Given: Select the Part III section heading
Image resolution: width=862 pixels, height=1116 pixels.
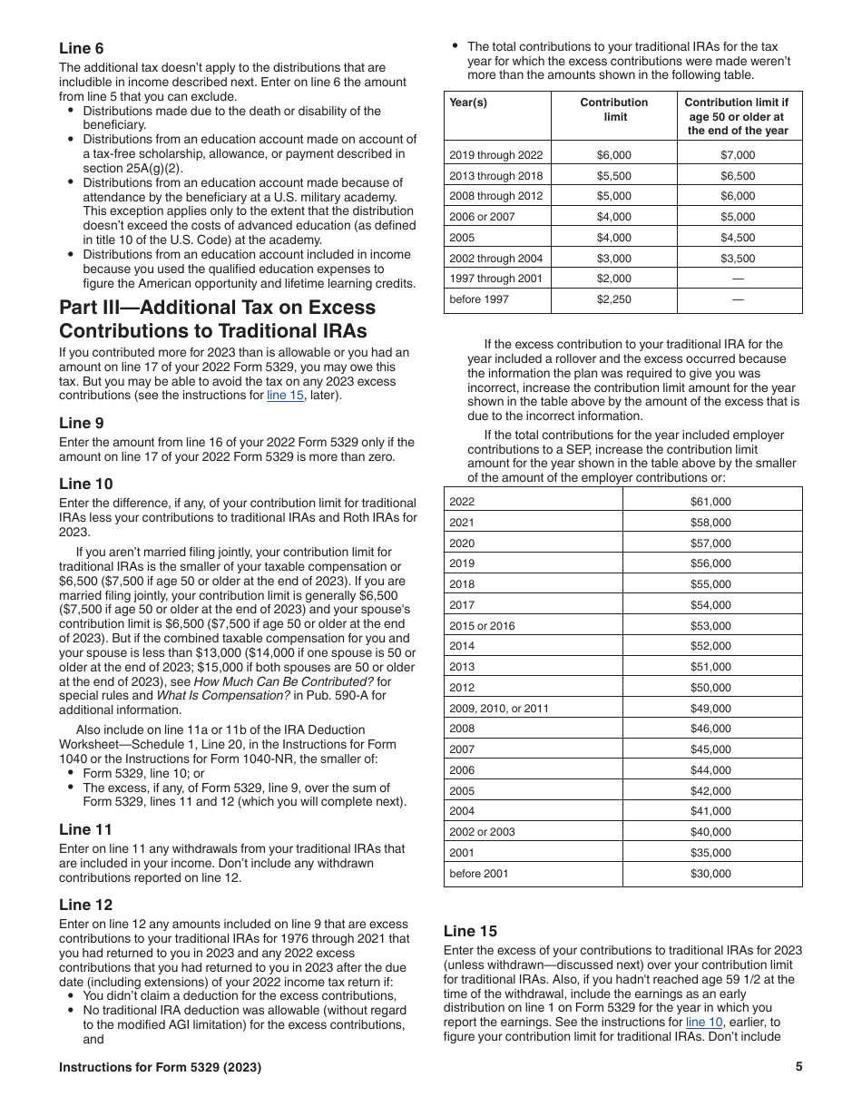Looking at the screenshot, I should [217, 318].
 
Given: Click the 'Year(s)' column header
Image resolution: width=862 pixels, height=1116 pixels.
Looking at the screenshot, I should [468, 103].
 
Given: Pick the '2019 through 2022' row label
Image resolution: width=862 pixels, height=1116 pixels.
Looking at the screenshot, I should [495, 155].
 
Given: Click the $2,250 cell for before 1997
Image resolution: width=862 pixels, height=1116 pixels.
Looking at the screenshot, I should [614, 299].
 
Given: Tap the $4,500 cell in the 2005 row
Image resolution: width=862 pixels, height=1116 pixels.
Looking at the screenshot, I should [736, 238].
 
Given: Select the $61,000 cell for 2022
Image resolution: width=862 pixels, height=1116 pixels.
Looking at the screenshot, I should [711, 502].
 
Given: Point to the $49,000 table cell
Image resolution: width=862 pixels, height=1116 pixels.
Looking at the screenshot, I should [711, 709].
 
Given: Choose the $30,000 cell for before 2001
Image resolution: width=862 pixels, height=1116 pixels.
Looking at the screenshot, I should [711, 874].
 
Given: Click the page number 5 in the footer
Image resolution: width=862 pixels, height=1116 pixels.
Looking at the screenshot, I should [798, 1067].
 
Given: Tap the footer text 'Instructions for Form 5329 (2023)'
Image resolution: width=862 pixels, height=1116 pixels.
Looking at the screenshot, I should [160, 1067].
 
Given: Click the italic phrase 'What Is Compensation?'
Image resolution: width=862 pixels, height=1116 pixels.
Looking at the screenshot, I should [225, 696].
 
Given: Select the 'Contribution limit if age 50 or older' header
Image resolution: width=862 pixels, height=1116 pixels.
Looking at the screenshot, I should [736, 116].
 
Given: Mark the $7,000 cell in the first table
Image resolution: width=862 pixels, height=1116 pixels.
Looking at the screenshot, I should [736, 155].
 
